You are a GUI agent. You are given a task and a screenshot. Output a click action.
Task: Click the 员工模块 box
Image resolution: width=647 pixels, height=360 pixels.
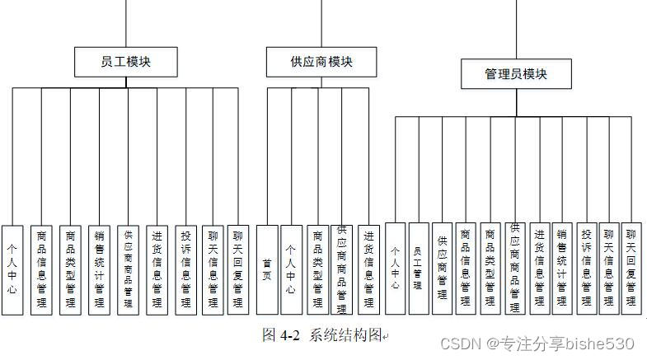[x=125, y=61]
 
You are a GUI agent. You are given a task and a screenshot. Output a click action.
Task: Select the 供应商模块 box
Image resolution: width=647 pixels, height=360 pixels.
[x=321, y=62]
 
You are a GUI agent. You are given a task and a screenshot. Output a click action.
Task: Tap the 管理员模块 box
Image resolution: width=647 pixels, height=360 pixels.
[x=516, y=74]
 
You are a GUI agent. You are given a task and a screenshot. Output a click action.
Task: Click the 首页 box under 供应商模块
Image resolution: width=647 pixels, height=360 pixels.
[x=267, y=269]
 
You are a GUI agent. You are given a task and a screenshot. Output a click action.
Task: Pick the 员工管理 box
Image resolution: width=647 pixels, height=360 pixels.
[x=419, y=268]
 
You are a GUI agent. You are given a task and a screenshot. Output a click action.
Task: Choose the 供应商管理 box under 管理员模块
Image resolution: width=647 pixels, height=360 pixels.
[x=442, y=268]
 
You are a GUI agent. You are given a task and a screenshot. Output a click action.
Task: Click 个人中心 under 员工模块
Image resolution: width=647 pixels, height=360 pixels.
[x=12, y=268]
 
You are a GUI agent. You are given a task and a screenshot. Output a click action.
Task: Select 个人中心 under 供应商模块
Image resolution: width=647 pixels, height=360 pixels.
[x=291, y=269]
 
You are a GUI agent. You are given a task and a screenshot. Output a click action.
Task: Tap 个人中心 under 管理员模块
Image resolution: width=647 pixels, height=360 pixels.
[x=396, y=268]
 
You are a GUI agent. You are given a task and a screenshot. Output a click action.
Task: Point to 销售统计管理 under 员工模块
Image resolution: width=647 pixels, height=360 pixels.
[x=99, y=268]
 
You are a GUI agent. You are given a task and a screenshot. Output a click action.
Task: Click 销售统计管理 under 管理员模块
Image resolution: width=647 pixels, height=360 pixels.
[x=562, y=268]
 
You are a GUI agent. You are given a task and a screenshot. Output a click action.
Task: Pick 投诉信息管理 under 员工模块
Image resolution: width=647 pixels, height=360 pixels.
[x=186, y=268]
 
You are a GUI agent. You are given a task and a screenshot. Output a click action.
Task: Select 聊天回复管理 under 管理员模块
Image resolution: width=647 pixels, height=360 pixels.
[x=631, y=268]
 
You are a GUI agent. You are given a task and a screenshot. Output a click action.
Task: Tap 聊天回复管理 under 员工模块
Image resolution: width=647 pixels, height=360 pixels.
[x=237, y=268]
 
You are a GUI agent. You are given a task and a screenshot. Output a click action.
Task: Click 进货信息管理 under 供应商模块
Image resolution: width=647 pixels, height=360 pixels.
[x=369, y=269]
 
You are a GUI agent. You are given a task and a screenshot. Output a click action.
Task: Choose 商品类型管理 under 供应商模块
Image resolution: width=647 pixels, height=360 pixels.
[x=317, y=269]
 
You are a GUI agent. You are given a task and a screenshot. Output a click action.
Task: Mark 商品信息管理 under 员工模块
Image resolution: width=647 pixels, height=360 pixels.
[x=41, y=268]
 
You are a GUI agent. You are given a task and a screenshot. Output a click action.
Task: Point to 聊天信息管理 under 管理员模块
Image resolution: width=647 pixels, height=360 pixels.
[x=608, y=268]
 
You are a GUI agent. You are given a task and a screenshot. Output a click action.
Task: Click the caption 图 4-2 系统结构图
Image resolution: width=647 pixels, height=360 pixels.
[x=323, y=335]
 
